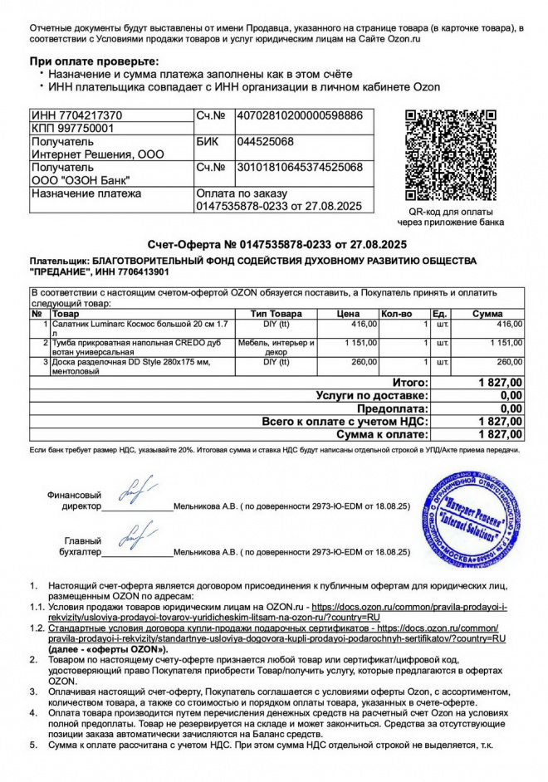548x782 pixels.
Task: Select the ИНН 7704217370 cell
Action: coord(76,115)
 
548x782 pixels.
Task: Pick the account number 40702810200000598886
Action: coord(299,115)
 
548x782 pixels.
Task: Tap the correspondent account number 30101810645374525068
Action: coord(299,168)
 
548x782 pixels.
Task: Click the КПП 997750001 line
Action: coord(72,129)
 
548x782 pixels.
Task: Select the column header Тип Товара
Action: coord(276,314)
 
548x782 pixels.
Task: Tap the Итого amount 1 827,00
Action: coord(500,383)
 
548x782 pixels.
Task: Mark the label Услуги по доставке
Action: coord(372,396)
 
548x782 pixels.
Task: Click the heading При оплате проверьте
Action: coord(93,61)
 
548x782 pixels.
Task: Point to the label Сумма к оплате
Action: coord(382,435)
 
